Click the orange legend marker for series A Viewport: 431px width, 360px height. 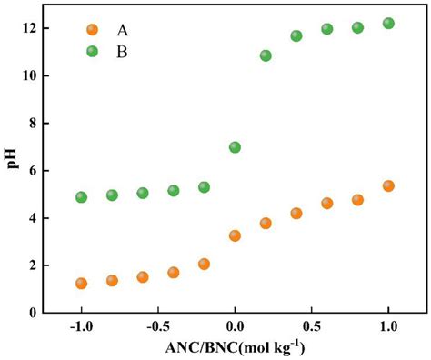(x=92, y=29)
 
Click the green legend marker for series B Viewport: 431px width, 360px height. (x=92, y=51)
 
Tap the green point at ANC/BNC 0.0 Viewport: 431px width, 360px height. (x=235, y=147)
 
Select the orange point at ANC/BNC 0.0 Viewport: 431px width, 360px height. (x=235, y=235)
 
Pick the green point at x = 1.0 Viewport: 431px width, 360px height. (x=388, y=24)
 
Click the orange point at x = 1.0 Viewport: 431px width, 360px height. (x=388, y=185)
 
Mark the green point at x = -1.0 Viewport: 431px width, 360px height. (x=81, y=197)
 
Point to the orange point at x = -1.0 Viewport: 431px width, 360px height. (x=81, y=283)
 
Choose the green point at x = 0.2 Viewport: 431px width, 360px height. (x=266, y=55)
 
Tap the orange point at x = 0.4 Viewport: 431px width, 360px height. (x=296, y=214)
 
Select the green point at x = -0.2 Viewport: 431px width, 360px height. (x=204, y=187)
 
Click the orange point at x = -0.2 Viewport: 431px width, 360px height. (x=204, y=264)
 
